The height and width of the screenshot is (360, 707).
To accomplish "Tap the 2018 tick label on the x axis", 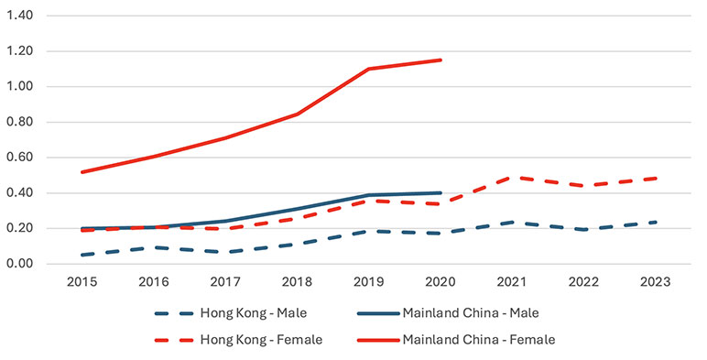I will (x=299, y=282).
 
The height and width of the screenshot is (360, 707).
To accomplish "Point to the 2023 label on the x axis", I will (x=653, y=282).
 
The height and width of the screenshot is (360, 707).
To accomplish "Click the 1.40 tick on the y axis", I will (x=20, y=16).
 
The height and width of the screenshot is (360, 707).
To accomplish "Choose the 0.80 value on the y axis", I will (x=20, y=123).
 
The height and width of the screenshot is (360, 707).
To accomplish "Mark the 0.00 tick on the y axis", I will (x=20, y=264).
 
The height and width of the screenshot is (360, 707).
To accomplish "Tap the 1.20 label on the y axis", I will (x=20, y=52).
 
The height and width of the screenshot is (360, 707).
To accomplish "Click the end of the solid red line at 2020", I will (x=441, y=60).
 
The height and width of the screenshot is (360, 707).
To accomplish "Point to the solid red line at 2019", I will (x=370, y=69).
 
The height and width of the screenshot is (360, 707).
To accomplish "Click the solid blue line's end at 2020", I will (x=441, y=193).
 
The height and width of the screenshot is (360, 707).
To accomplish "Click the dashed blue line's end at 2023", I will (x=653, y=223).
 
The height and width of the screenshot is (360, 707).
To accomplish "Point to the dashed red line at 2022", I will (x=582, y=186).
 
